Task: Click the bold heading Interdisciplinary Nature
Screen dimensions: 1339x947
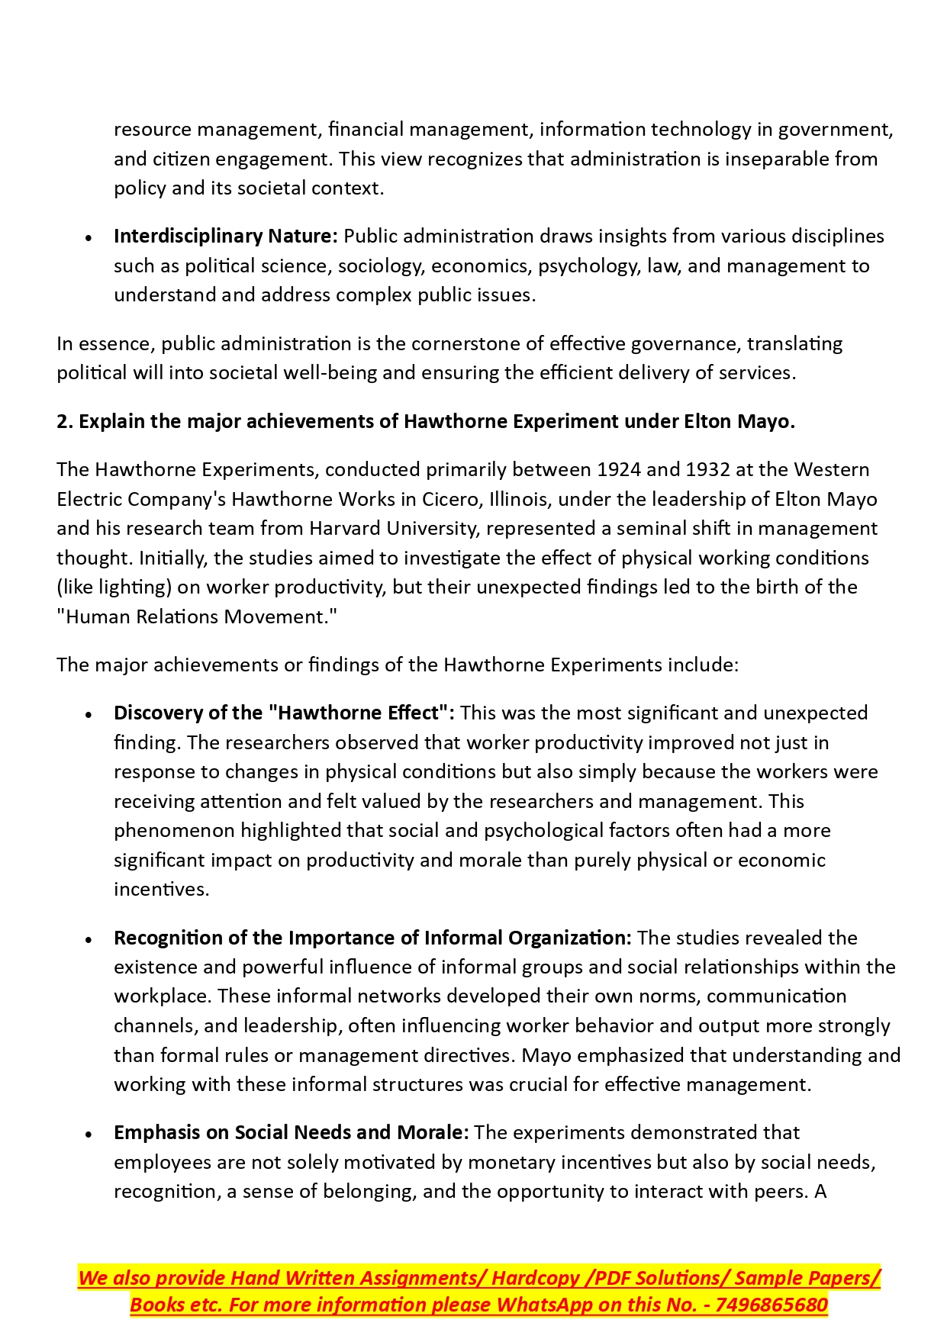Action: point(225,237)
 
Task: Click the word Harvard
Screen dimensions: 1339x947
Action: point(346,528)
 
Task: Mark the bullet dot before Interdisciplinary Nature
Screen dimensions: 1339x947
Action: point(89,238)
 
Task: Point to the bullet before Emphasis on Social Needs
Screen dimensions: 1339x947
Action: point(89,1135)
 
